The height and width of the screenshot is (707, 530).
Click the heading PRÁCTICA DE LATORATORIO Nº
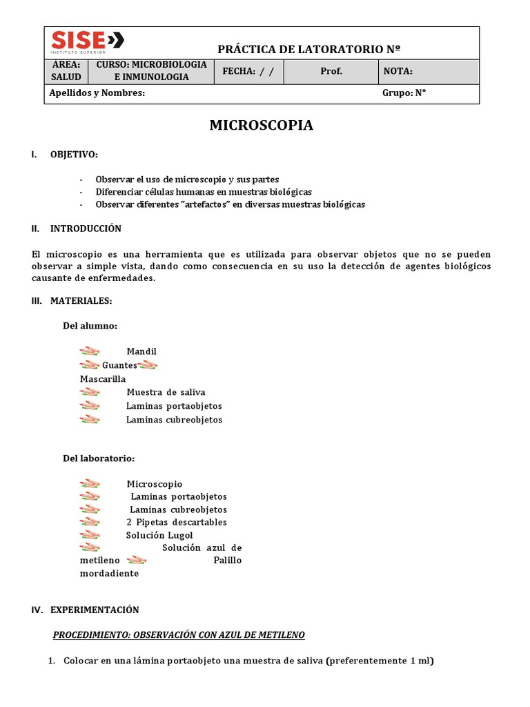(x=308, y=49)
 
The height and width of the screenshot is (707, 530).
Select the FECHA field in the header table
(x=249, y=71)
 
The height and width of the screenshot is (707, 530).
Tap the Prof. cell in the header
(x=331, y=71)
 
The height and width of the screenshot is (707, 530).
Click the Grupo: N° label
(x=404, y=93)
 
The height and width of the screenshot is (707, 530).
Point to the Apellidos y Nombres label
(x=97, y=93)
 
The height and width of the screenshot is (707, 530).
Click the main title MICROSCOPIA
(x=261, y=125)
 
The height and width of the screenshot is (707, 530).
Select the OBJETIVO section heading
(x=74, y=154)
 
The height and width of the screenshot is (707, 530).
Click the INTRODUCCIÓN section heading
(x=86, y=229)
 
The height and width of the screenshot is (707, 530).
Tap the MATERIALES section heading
(x=81, y=300)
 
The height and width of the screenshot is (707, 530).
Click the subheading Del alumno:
(x=90, y=325)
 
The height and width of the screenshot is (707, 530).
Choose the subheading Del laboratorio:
(x=99, y=458)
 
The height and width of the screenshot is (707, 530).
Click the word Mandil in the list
(x=141, y=351)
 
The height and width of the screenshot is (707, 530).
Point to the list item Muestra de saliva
(x=166, y=392)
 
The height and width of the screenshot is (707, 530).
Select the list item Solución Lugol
(x=159, y=535)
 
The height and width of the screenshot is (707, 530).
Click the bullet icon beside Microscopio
(x=90, y=484)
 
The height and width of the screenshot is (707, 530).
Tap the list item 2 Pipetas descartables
(x=177, y=522)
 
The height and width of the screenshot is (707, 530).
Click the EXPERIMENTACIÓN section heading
(x=95, y=610)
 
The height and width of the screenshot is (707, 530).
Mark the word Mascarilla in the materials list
(x=103, y=378)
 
